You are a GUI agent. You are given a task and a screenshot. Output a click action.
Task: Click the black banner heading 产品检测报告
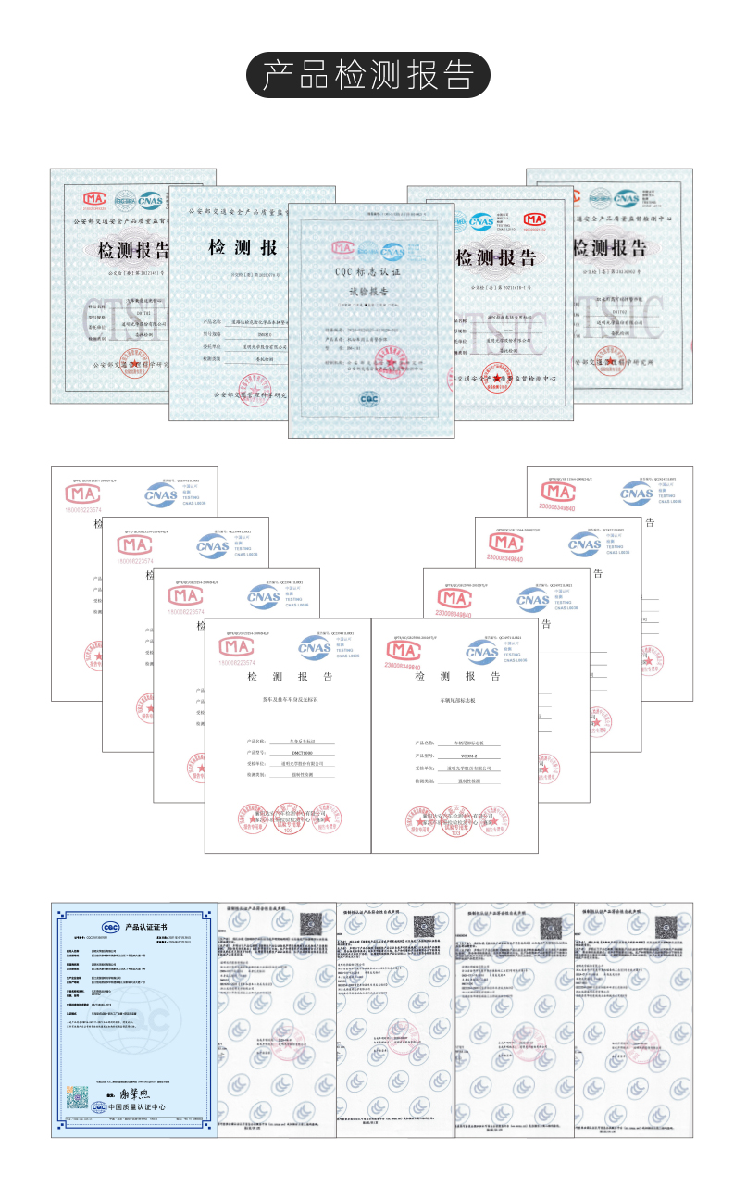[x=367, y=75]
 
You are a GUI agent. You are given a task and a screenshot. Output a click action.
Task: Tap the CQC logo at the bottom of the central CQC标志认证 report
[x=368, y=398]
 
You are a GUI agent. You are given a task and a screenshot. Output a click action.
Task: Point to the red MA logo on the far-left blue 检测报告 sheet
[x=94, y=198]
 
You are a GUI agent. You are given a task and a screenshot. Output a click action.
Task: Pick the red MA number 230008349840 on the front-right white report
[x=401, y=666]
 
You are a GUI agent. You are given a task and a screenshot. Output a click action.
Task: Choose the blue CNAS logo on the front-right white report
[x=481, y=652]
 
